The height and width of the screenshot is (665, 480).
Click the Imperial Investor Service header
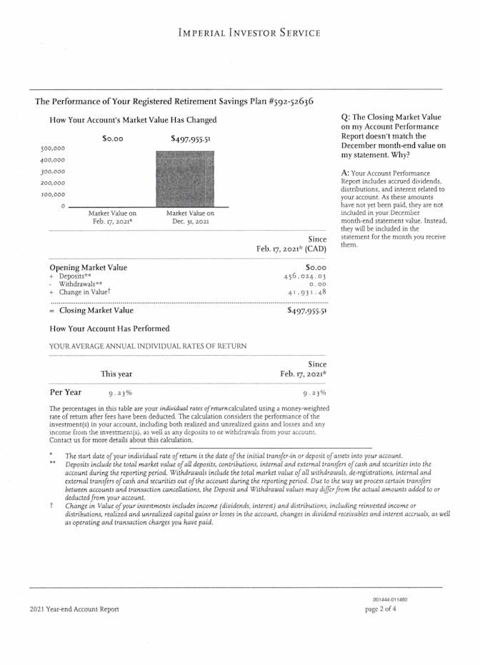249,33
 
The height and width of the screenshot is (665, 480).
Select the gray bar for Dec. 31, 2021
185,179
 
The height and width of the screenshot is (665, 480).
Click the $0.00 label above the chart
113,139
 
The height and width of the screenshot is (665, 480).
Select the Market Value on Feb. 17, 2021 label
112,217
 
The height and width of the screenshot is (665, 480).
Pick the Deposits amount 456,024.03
306,276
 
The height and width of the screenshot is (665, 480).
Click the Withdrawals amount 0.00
318,284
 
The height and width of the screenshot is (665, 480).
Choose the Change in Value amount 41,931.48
307,292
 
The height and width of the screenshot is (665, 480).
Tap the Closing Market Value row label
96,311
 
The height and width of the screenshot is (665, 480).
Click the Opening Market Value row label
89,267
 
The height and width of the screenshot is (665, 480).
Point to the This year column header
116,374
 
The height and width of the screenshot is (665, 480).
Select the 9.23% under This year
120,393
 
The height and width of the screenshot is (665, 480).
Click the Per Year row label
65,392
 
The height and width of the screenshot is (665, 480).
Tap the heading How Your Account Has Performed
110,329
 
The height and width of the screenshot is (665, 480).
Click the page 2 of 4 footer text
381,609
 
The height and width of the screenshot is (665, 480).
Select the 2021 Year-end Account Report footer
75,609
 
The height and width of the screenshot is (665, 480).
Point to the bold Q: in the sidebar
346,117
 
